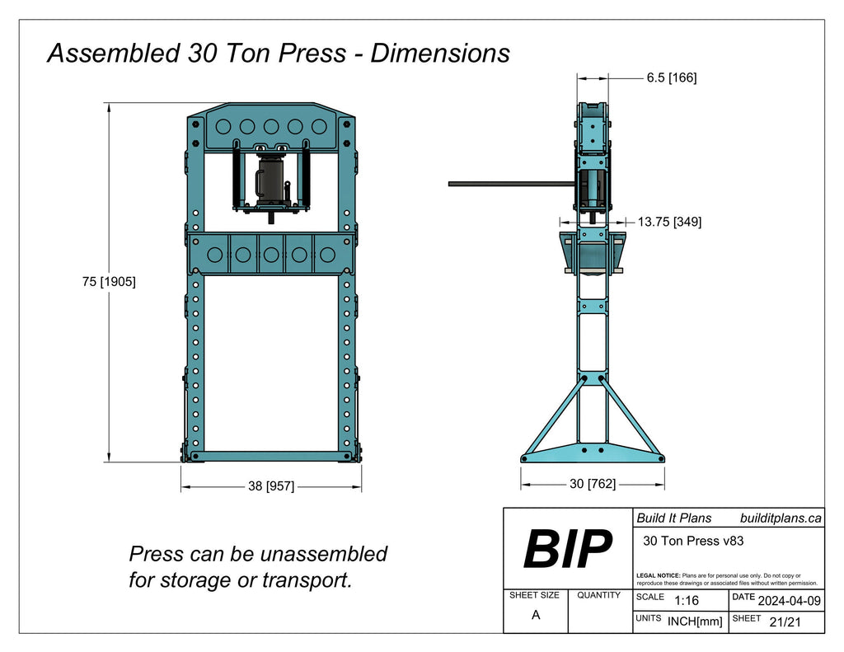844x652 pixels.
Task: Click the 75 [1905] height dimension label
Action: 109,281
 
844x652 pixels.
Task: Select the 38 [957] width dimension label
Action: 271,486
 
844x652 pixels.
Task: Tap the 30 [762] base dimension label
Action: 592,484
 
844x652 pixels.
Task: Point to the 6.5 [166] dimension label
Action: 671,77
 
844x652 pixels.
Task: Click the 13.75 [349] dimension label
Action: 669,222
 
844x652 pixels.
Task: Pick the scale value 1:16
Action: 686,600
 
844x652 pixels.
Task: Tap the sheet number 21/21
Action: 783,622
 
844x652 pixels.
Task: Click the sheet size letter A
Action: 536,615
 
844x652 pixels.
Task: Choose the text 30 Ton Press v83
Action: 687,541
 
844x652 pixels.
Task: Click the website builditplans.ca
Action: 781,518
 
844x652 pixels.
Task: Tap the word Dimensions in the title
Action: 439,54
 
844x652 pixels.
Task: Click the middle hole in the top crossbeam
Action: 271,126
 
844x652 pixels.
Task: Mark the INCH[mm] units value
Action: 694,622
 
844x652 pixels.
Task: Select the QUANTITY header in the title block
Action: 598,595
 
